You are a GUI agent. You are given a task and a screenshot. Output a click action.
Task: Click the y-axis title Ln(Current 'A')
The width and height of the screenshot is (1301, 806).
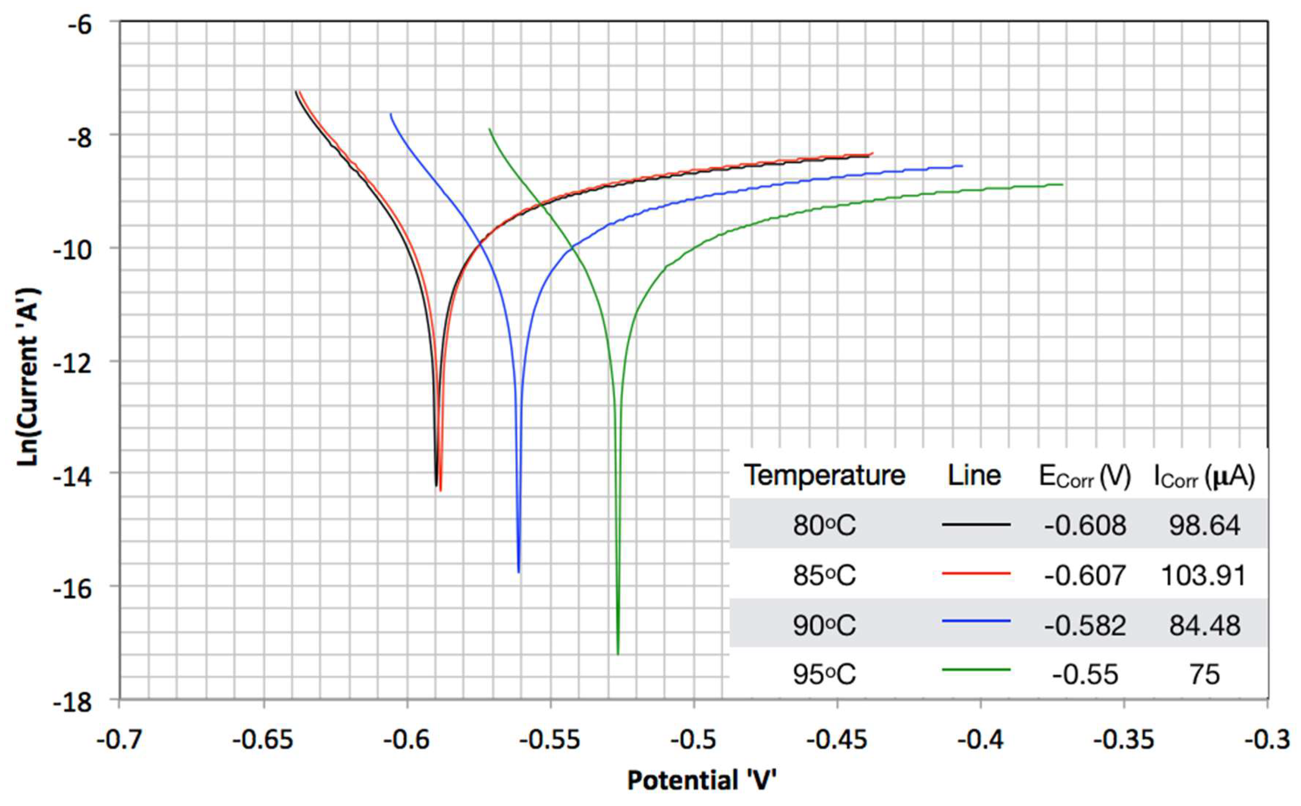[28, 376]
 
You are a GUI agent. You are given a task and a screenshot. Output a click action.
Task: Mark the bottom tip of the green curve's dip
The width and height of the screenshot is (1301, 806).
[618, 653]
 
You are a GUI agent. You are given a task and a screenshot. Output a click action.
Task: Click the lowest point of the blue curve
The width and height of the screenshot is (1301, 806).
[518, 572]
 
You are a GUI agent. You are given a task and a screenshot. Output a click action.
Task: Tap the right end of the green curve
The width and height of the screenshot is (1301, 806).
[1062, 184]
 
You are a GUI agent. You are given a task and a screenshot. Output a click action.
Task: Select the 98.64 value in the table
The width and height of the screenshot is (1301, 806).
[1204, 525]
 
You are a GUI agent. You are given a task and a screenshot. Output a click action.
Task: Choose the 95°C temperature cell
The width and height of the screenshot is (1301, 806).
[824, 675]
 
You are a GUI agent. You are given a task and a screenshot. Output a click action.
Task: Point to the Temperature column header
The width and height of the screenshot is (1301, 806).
[824, 475]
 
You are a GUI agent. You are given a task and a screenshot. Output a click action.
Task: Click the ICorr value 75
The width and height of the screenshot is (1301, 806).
[1204, 675]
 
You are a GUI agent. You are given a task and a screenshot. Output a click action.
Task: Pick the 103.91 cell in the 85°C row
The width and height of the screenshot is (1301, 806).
[1204, 576]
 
